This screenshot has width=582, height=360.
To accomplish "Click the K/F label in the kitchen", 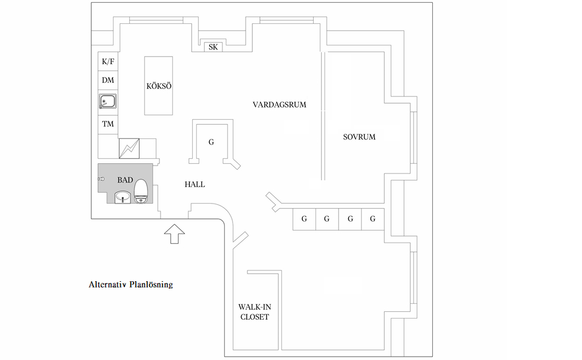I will coord(108,61).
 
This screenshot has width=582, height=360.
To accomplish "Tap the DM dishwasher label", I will coord(108,81).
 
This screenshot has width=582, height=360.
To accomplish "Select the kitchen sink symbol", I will coord(107,102).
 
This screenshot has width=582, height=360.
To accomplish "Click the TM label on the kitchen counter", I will coord(108,124).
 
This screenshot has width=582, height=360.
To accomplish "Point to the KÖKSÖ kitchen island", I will coord(158,86).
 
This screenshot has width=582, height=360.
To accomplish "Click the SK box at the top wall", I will coord(213,47).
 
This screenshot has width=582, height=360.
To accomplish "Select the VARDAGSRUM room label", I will coord(280,104).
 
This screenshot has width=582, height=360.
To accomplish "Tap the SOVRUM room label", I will coord(359,137).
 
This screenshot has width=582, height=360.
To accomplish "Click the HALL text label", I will coord(195,184).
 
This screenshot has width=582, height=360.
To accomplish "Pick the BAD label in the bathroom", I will coord(125,180).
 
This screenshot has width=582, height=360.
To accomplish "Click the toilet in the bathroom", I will coord(141,190).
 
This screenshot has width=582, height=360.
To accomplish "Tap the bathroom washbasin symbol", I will coord(123,197).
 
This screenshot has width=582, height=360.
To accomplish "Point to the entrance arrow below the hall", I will coord(174,232).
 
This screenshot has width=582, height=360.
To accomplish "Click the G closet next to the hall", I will coord(211,142).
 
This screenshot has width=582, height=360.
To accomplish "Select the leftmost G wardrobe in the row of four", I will coord(304,219).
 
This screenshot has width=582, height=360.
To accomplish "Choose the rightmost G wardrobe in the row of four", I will coord(373,219).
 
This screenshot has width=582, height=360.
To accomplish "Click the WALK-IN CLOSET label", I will coord(255,312).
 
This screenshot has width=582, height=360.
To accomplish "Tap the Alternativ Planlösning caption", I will coord(130,285).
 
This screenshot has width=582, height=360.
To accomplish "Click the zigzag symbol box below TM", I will coord(129,149).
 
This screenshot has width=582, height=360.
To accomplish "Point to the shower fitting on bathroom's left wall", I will coord(102,179).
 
